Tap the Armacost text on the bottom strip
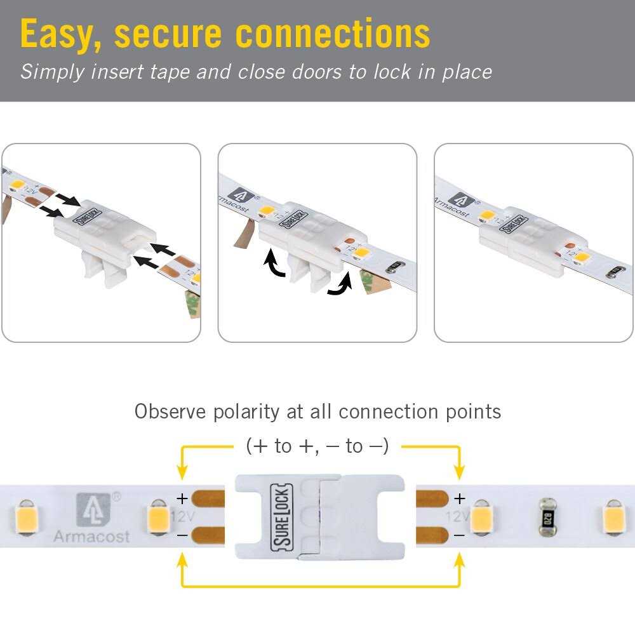[x=91, y=537]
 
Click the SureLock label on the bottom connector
[x=281, y=518]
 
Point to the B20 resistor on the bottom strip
[x=545, y=516]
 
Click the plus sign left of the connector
[x=182, y=498]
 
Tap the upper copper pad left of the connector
[x=208, y=498]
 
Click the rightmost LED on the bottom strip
[x=615, y=516]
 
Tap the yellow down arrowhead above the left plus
[x=182, y=472]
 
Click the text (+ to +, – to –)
[x=317, y=446]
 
